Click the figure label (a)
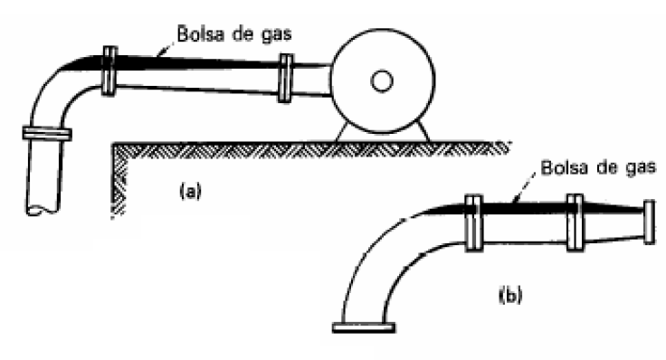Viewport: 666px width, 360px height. tap(189, 191)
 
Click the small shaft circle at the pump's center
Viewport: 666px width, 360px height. tap(381, 82)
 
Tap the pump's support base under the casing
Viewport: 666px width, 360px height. tap(380, 132)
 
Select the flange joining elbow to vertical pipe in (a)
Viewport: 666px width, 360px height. tap(45, 134)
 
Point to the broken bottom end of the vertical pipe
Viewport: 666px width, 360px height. tap(44, 211)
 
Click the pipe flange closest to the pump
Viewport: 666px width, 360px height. tap(286, 77)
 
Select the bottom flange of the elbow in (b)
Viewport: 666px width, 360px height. tap(362, 327)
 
